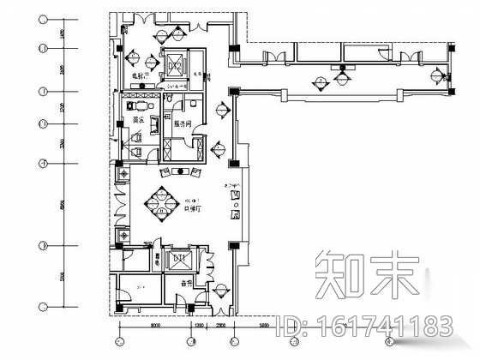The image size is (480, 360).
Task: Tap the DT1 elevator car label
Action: pyautogui.click(x=180, y=258)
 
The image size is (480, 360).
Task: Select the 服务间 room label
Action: pyautogui.click(x=182, y=123)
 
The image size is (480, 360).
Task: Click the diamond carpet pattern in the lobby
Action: pyautogui.click(x=159, y=202)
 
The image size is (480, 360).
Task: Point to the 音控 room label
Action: pyautogui.click(x=184, y=283)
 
